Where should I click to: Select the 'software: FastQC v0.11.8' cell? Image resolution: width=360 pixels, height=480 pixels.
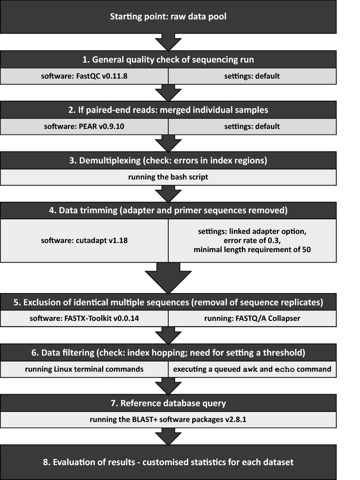click(84, 75)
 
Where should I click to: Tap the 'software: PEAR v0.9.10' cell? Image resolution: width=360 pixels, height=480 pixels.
click(84, 127)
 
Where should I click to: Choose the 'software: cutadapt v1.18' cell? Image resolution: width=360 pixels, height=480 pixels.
click(84, 240)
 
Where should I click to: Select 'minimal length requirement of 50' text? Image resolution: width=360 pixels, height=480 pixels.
click(252, 249)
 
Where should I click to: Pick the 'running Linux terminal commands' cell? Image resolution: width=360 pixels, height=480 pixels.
click(84, 369)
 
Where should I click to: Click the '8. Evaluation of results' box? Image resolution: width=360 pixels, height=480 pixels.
click(168, 462)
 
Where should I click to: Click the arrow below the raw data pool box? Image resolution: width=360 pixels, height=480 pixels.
click(168, 42)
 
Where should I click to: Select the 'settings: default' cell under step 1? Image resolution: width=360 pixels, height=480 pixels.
click(252, 75)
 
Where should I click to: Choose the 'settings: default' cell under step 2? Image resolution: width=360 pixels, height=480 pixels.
click(252, 127)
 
